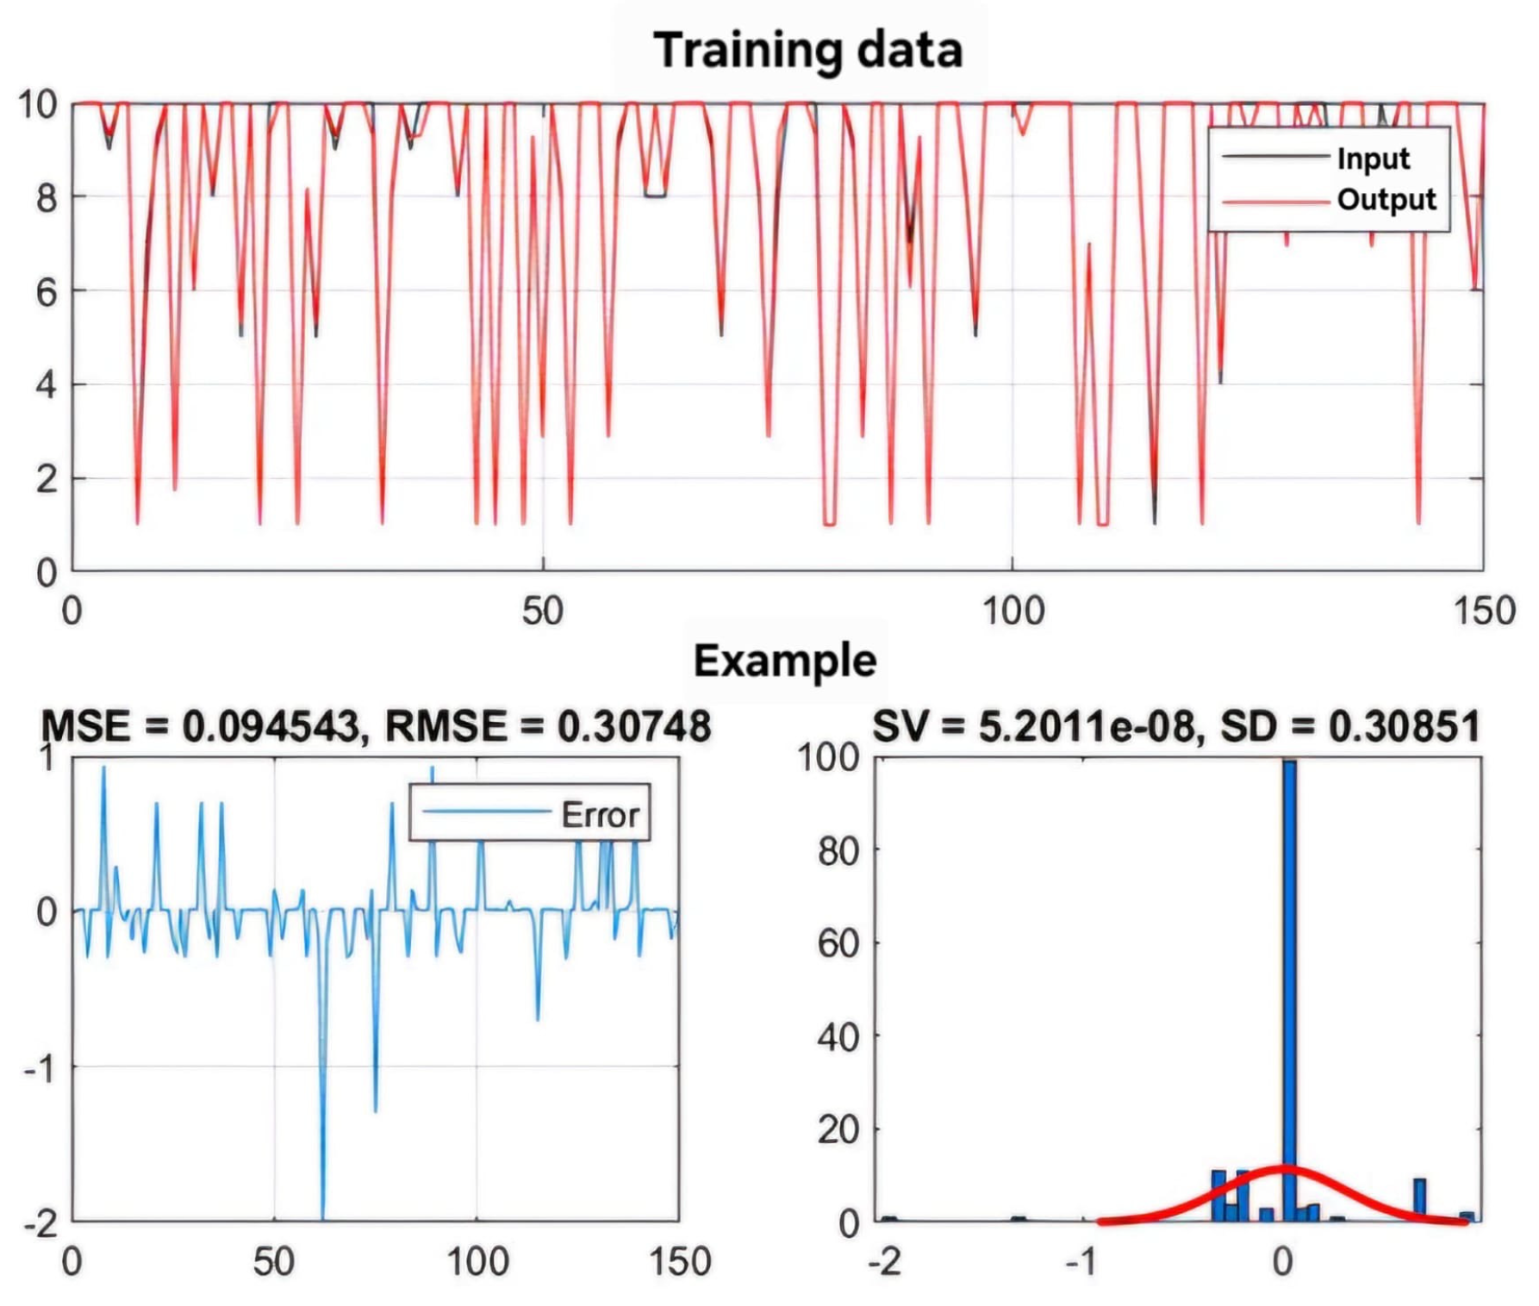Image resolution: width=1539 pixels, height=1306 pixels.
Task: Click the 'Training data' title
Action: click(x=807, y=50)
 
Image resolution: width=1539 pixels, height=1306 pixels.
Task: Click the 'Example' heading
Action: click(x=785, y=662)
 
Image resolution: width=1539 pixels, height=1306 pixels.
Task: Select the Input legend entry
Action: click(x=1373, y=159)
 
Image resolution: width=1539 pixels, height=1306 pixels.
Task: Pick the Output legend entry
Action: click(x=1386, y=200)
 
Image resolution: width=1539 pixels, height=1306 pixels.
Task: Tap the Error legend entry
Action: click(x=600, y=815)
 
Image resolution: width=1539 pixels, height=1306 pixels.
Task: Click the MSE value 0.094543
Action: click(x=271, y=726)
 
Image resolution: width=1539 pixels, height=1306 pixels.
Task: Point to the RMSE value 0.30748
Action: click(x=633, y=726)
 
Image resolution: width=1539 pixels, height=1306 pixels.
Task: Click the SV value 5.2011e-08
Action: click(x=1088, y=726)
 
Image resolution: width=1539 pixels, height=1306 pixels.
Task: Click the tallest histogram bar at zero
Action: click(x=1289, y=991)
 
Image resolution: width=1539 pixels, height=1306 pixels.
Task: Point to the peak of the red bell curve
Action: click(x=1284, y=1169)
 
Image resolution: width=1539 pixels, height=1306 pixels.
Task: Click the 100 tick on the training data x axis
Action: click(x=1012, y=612)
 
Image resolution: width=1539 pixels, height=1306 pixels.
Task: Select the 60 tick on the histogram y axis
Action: click(x=838, y=943)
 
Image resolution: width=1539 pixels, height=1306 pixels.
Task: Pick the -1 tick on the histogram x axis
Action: click(x=1081, y=1262)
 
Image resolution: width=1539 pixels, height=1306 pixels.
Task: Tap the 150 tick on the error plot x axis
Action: click(x=679, y=1262)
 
